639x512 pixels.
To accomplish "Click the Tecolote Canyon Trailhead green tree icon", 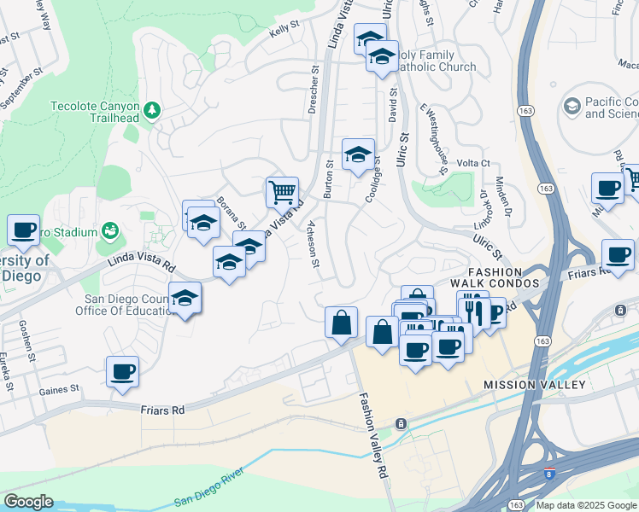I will (152, 109).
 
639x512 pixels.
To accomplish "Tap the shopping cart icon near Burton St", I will (282, 192).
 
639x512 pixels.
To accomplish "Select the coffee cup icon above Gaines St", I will (123, 372).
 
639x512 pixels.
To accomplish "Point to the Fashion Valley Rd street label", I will (373, 435).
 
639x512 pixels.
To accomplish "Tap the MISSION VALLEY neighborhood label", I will (535, 385).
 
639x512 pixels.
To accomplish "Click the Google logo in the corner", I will (28, 502).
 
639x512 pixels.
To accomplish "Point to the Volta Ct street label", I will (472, 163).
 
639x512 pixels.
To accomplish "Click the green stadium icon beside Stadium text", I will (109, 230).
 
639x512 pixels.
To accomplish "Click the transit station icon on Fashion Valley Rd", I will (399, 423).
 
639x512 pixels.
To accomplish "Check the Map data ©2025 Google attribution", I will (585, 505).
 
